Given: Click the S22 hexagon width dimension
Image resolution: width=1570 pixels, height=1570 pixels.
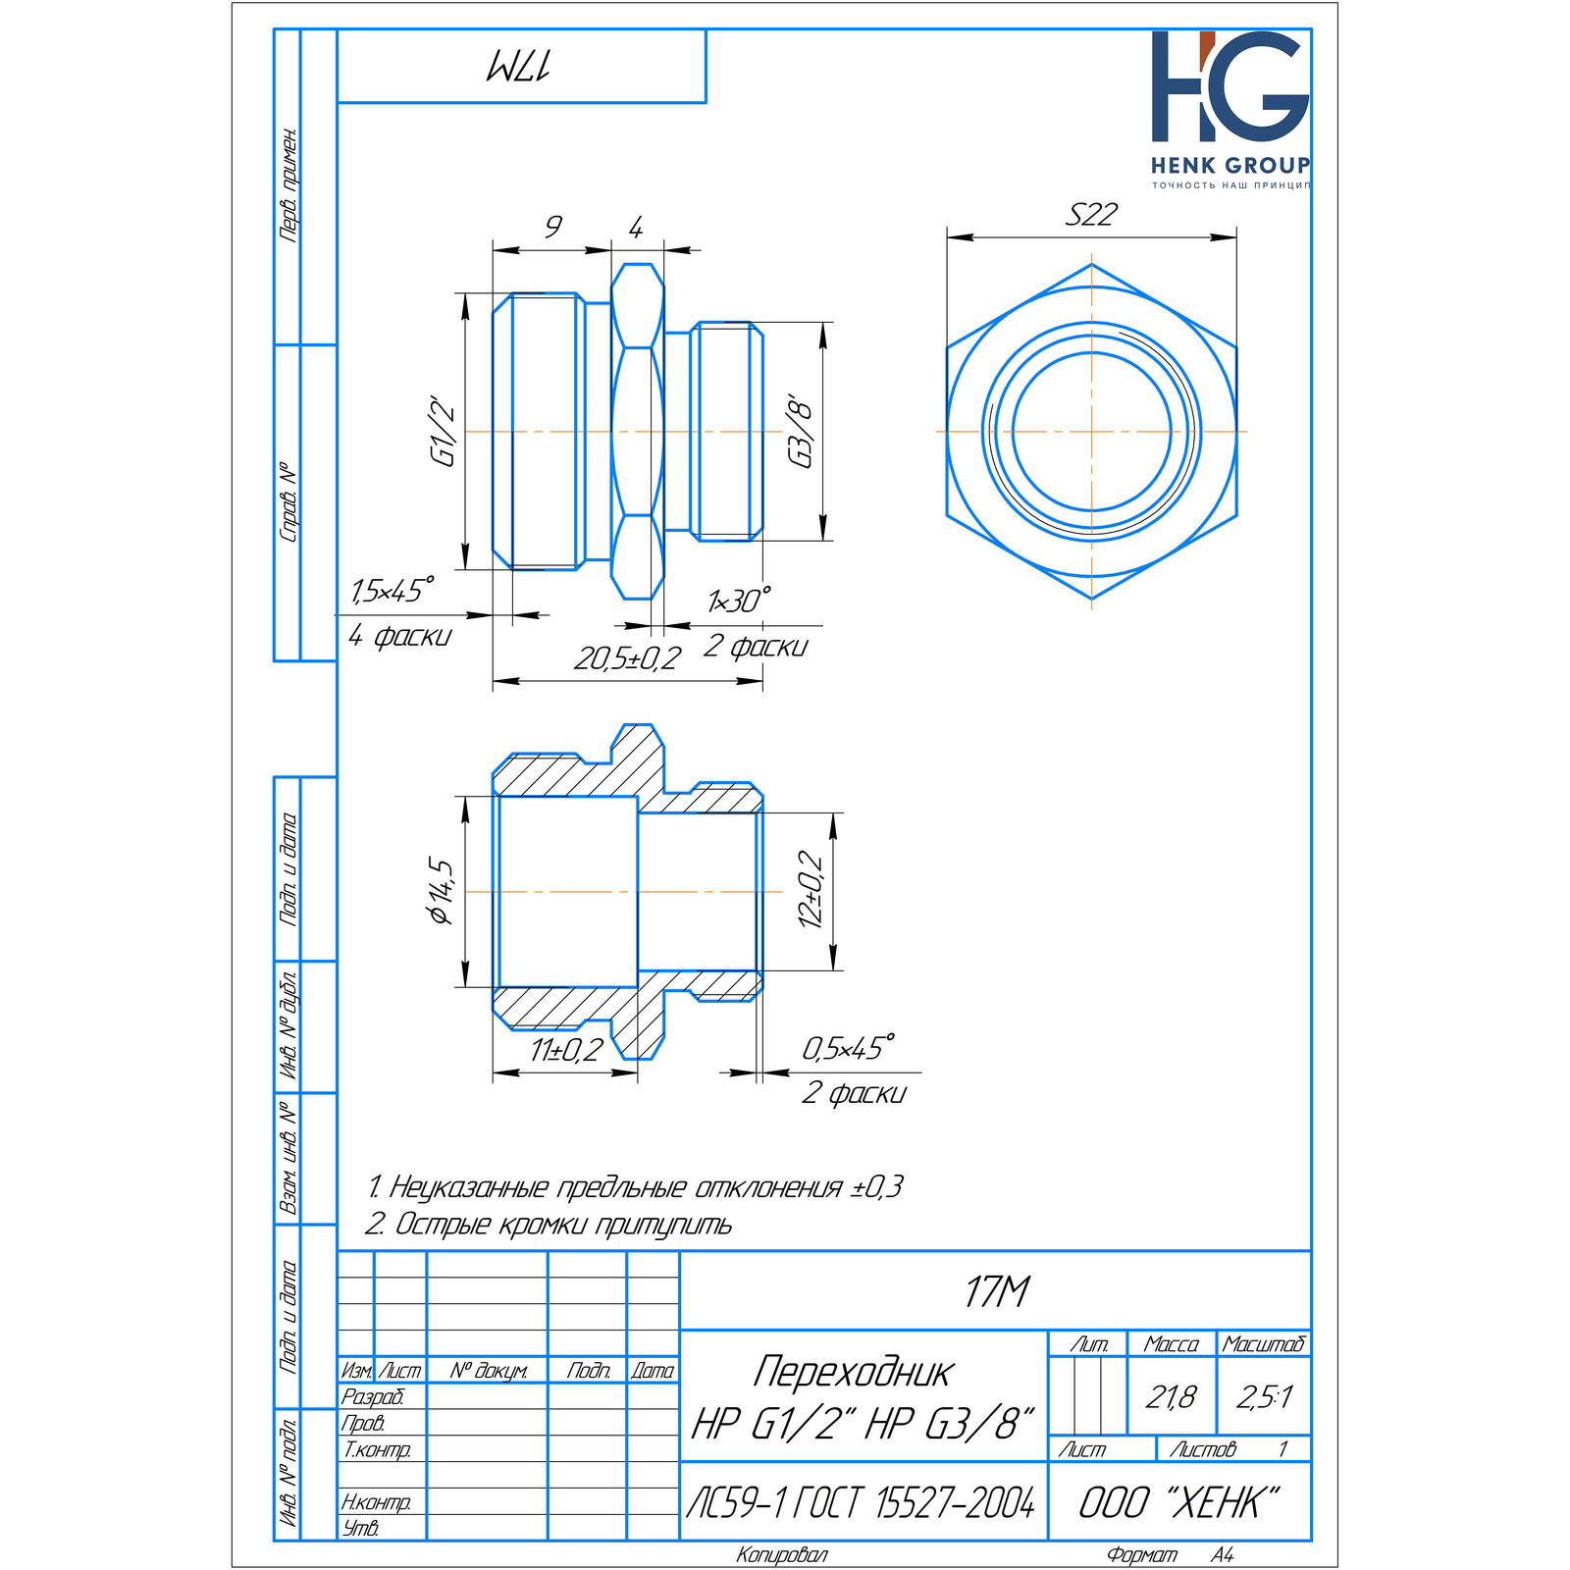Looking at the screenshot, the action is [x=1091, y=214].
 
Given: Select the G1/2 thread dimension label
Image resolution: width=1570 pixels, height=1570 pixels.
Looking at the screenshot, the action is [x=444, y=431].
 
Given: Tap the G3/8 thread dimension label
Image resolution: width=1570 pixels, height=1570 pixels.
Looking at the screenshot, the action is [x=801, y=432].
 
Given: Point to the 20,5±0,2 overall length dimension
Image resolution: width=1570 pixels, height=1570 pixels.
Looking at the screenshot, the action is [x=627, y=658].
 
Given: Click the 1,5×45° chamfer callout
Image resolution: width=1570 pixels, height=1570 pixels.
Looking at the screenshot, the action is [x=392, y=591].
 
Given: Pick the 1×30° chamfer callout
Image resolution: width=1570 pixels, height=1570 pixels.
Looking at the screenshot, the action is [x=739, y=601].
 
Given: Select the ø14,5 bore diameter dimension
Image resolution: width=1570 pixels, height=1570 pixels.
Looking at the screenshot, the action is [x=441, y=891].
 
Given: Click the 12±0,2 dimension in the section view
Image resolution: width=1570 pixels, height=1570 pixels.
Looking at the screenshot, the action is [x=811, y=888].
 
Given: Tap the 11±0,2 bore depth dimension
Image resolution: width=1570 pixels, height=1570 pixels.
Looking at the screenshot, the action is [x=567, y=1050].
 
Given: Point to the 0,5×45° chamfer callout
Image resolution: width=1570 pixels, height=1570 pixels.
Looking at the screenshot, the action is [x=849, y=1048].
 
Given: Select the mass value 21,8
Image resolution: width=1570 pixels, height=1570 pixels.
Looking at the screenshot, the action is [x=1171, y=1396].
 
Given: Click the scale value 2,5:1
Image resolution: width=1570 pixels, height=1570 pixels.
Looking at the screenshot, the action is [x=1265, y=1396].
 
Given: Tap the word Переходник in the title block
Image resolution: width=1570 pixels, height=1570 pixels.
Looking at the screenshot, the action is [x=853, y=1372].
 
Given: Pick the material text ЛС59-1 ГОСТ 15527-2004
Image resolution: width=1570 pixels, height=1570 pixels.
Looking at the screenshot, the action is [x=861, y=1501].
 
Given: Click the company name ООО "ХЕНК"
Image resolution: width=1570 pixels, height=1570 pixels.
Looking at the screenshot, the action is [x=1179, y=1502].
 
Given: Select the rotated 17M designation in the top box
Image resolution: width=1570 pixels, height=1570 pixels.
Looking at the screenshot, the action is [x=519, y=67].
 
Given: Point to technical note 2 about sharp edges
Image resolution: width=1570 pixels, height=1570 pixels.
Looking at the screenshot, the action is [x=549, y=1224].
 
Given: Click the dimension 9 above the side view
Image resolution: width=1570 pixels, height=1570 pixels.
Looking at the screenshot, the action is [x=553, y=227].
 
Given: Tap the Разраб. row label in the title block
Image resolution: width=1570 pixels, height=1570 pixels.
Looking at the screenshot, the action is [x=372, y=1396].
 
